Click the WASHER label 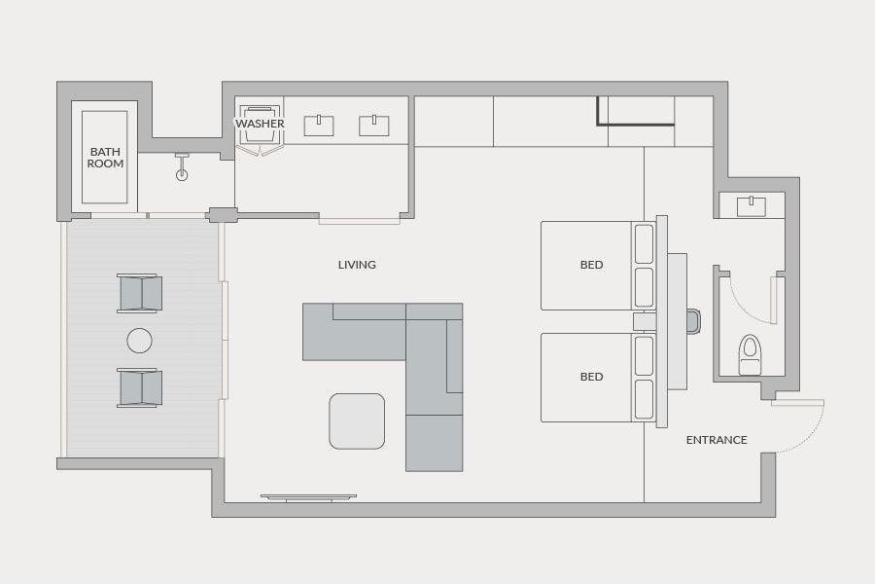(260, 124)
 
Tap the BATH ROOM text (105, 158)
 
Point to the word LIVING (357, 265)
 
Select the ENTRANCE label (717, 440)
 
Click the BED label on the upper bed (591, 265)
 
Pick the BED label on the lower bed (591, 377)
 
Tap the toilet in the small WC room (750, 354)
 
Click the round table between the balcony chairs (139, 341)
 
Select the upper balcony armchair (139, 293)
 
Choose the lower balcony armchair (139, 387)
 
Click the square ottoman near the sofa (357, 420)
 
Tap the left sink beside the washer (319, 126)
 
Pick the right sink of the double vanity (374, 126)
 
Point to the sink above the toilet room (752, 206)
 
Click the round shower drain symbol (182, 175)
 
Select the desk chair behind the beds (693, 321)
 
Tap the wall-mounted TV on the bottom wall (308, 497)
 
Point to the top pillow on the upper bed (644, 243)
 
